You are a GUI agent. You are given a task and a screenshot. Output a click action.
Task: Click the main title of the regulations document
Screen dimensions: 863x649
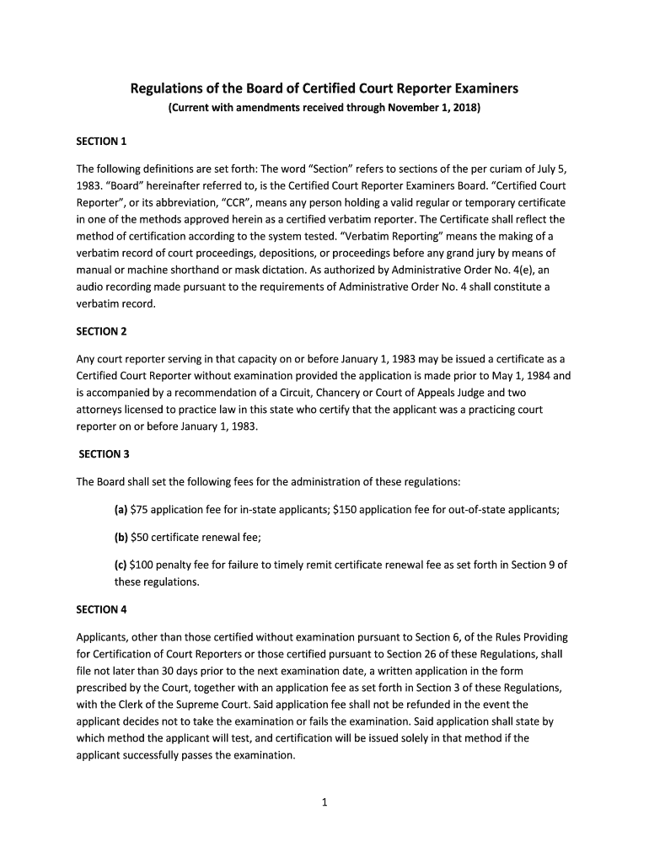click(324, 88)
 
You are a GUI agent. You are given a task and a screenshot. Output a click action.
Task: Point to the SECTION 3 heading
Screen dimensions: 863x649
click(104, 454)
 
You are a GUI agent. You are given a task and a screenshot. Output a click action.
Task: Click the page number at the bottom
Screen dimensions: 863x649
click(324, 802)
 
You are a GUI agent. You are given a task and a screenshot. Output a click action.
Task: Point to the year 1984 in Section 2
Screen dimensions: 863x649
click(520, 377)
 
